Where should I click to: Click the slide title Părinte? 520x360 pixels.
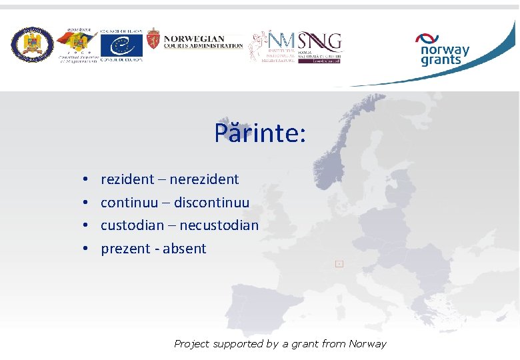tap(260, 133)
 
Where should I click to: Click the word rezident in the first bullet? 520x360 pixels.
tap(127, 179)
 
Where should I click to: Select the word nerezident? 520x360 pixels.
tap(205, 179)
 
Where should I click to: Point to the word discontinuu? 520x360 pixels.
tap(211, 203)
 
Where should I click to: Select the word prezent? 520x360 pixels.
tap(125, 249)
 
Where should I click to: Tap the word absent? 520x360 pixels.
tap(185, 249)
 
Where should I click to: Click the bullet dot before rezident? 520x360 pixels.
tap(87, 180)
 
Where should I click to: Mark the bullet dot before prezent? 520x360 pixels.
tap(87, 249)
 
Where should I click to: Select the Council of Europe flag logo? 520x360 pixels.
tap(121, 45)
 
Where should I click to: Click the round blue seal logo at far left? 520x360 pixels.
tap(32, 45)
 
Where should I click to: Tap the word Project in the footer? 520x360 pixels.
tap(191, 344)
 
